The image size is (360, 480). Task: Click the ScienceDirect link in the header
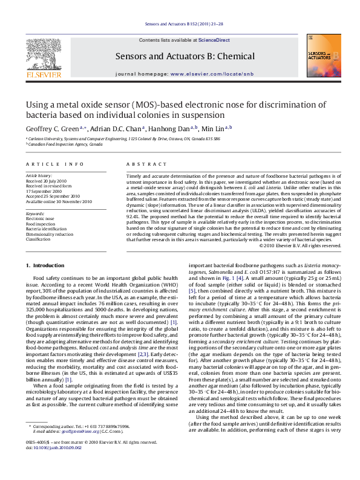[214, 40]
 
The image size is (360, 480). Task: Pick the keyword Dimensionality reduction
[49, 234]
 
